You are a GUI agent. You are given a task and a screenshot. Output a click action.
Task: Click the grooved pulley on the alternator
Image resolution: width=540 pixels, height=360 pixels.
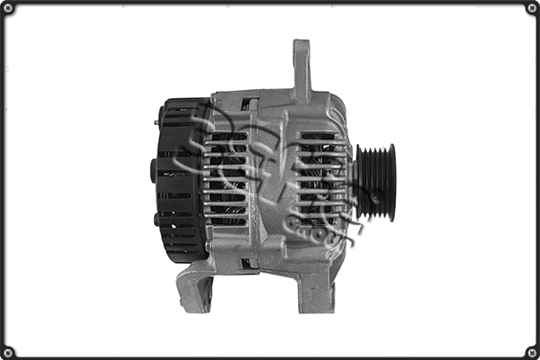(374, 183)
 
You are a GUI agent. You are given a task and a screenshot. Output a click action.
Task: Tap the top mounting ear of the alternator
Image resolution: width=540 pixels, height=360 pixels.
(301, 67)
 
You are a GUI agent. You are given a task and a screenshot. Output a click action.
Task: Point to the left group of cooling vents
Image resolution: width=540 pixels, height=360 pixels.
(226, 178)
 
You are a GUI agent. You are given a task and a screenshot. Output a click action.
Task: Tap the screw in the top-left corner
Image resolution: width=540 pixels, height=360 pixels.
(9, 9)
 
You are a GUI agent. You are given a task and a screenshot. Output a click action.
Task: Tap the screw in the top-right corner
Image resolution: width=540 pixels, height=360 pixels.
(531, 9)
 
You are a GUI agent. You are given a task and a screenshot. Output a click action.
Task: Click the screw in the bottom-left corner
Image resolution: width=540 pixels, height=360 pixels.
(9, 351)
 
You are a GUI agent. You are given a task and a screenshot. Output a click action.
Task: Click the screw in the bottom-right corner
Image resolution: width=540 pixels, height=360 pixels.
(531, 351)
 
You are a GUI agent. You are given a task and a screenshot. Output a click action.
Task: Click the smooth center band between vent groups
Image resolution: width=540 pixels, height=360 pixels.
(270, 180)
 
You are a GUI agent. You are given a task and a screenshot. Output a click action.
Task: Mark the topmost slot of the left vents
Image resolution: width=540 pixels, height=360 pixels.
(227, 136)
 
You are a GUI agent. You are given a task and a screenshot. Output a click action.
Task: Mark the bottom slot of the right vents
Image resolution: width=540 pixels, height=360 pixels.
(318, 220)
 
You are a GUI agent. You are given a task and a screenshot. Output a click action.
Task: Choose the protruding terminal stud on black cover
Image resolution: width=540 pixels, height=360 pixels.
(153, 169)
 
